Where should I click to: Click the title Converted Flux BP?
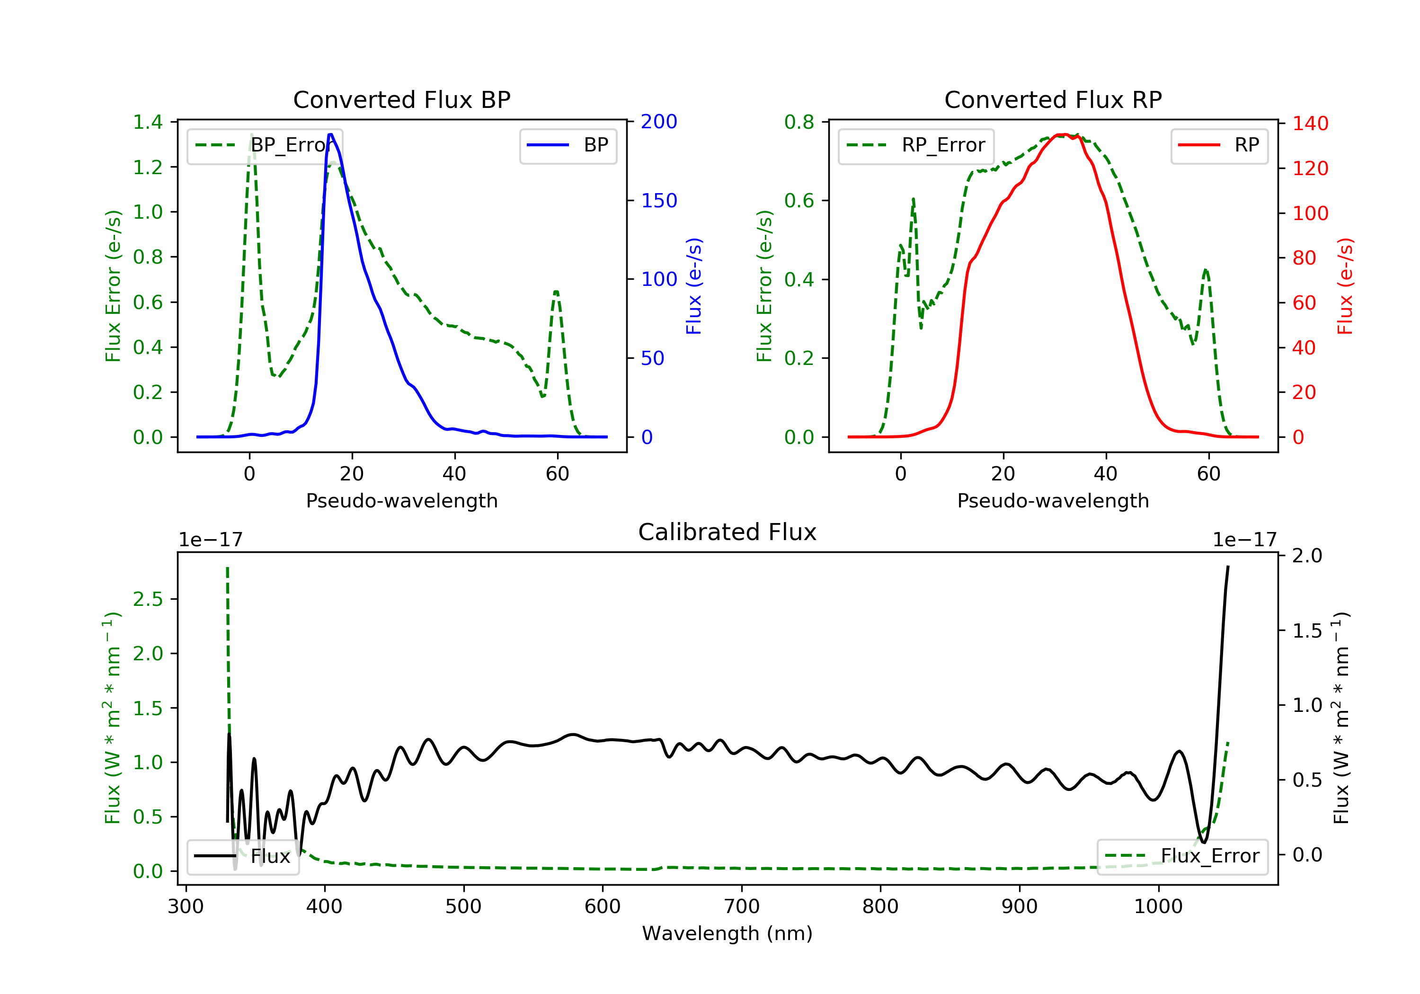point(401,99)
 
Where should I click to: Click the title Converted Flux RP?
point(1053,99)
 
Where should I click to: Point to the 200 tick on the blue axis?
point(659,122)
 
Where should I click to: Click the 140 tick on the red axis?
point(1310,124)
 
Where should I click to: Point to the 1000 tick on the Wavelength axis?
point(1158,907)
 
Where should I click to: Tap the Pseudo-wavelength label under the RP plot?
point(1053,501)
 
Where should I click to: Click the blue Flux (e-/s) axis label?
point(694,286)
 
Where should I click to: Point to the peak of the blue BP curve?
point(331,134)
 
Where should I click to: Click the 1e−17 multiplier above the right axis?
point(1244,540)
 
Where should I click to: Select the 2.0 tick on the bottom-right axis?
point(1307,555)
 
